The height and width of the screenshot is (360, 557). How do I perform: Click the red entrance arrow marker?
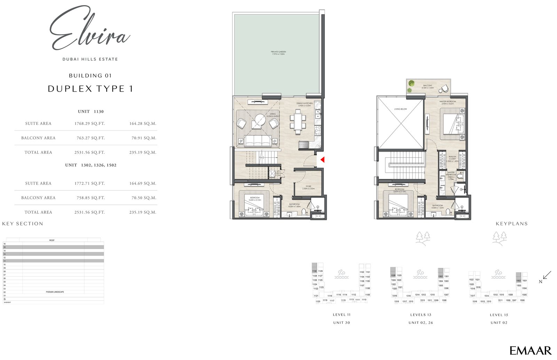point(322,160)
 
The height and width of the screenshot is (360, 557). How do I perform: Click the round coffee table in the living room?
point(260,120)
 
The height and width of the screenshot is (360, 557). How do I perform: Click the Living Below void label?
point(400,109)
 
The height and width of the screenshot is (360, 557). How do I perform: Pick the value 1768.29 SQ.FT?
point(89,124)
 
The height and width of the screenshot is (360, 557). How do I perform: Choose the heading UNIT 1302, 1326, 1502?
point(91,165)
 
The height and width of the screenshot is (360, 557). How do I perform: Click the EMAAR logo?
point(530,350)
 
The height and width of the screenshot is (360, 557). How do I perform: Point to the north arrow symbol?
point(547,275)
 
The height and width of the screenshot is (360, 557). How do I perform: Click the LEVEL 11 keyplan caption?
point(342,315)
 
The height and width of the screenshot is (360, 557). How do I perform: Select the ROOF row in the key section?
point(52,240)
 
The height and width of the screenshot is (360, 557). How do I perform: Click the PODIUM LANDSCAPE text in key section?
point(55,292)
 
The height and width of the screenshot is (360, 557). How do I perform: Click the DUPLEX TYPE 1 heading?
point(90,89)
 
